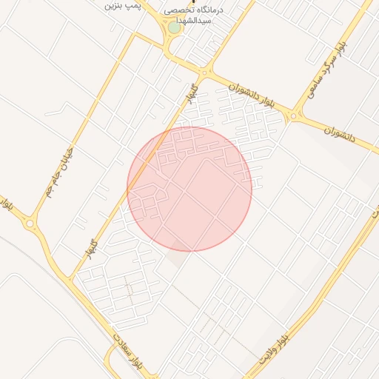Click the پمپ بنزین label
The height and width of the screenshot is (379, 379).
point(121,6)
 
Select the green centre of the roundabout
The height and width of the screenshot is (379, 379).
point(173,27)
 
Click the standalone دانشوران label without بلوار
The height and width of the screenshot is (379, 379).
point(340,134)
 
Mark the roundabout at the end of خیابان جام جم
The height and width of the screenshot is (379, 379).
point(30,222)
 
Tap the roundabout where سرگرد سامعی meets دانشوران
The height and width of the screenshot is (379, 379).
point(296,115)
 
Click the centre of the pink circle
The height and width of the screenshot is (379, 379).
point(189,189)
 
